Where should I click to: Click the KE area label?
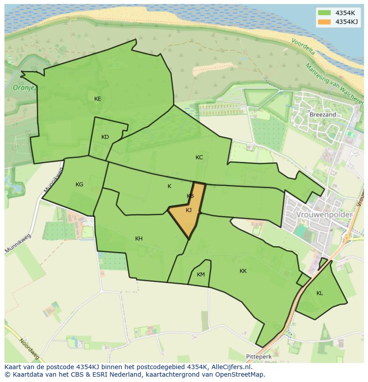97,99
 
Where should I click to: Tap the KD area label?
105,137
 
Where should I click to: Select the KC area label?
199,158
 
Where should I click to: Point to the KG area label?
79,185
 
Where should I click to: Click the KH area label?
139,239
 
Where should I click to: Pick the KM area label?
200,275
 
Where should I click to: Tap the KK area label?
243,271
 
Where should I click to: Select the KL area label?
320,293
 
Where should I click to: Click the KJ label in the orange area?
188,210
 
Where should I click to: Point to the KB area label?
190,196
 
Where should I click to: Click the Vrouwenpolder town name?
324,215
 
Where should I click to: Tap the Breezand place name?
323,114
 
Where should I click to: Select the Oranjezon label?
29,88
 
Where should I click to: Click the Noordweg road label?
29,349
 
